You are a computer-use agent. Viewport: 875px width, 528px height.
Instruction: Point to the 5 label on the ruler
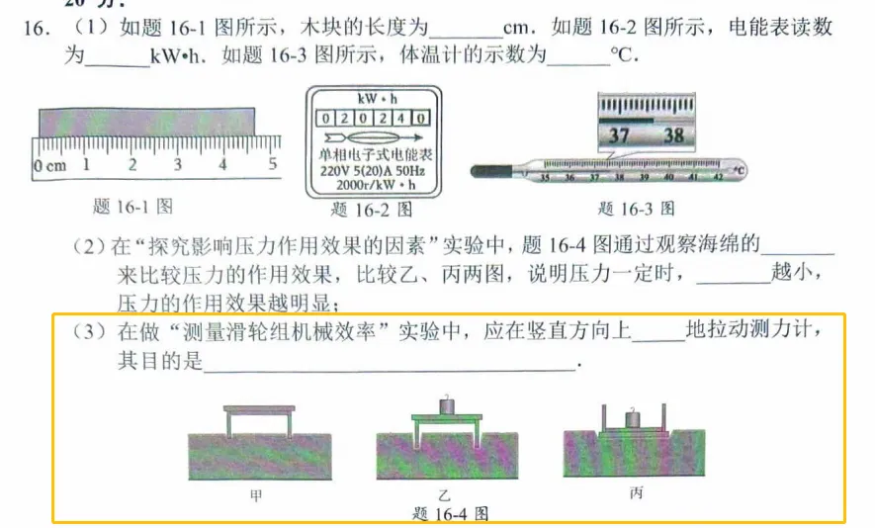tap(272, 165)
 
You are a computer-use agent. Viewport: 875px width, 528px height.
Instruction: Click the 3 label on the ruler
tap(178, 165)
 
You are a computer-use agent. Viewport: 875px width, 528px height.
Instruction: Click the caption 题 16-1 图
tap(132, 207)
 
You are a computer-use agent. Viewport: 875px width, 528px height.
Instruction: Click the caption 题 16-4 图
tap(450, 514)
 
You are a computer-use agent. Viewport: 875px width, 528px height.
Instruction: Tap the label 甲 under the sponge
tap(257, 493)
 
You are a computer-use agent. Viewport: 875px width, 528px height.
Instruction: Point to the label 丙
tap(636, 491)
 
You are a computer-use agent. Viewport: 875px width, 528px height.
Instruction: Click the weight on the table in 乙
tap(446, 405)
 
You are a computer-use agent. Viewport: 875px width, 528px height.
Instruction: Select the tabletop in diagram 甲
tap(259, 408)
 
